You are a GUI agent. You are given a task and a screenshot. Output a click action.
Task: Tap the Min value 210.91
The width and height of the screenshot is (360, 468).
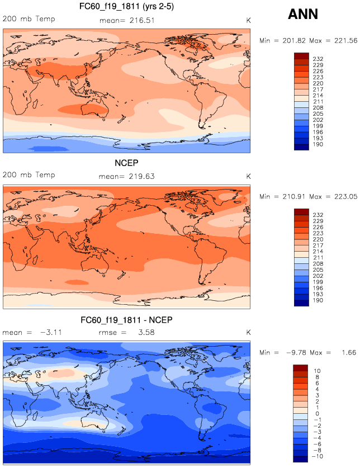pyautogui.click(x=290, y=197)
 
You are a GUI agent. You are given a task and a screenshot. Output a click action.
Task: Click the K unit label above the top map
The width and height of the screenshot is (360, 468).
pyautogui.click(x=248, y=20)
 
